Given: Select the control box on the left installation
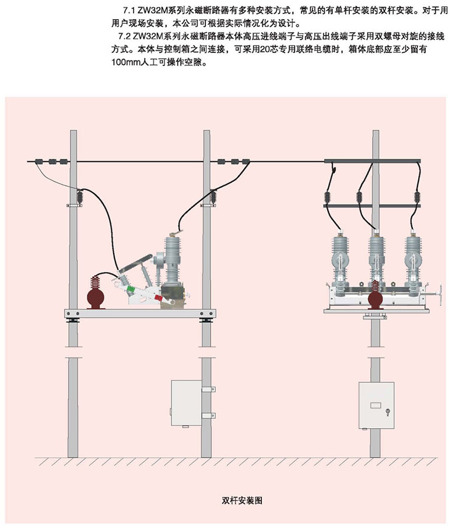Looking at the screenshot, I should coord(185,404).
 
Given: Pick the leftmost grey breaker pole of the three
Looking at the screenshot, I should coord(340,256).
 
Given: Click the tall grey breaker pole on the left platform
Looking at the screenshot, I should coord(173,259).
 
